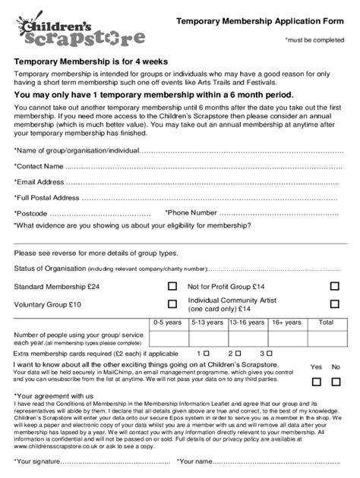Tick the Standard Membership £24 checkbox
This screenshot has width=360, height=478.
[x=172, y=287]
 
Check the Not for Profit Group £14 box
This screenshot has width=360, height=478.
[x=334, y=287]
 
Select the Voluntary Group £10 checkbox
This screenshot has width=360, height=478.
[x=172, y=305]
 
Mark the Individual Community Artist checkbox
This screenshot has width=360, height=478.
[x=334, y=305]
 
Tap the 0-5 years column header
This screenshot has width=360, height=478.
[x=167, y=322]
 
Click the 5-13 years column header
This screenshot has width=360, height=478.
[x=207, y=322]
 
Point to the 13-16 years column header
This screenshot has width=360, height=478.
[x=246, y=322]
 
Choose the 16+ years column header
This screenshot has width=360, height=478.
[x=286, y=322]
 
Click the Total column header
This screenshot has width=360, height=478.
[x=326, y=322]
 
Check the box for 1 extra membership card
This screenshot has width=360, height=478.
[x=206, y=354]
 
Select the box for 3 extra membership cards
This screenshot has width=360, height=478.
[x=269, y=354]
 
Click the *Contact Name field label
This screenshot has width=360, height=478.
[x=39, y=165]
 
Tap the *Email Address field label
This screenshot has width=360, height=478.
[x=39, y=182]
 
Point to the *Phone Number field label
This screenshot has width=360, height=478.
[x=191, y=212]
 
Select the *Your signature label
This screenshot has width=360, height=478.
[x=42, y=461]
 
